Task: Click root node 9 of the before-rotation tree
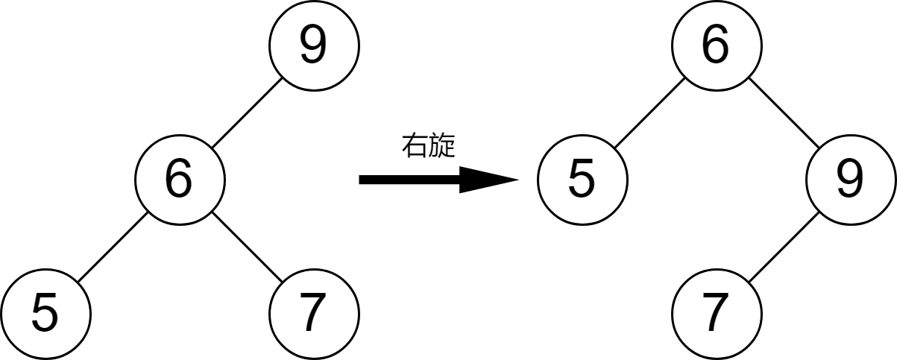click(x=314, y=45)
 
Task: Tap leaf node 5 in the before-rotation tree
click(x=45, y=314)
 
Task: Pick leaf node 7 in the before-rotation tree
click(x=314, y=314)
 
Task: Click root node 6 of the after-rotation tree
click(x=716, y=45)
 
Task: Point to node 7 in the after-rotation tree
click(x=716, y=314)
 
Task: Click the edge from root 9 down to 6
click(x=247, y=113)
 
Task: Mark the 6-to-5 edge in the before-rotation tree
click(x=112, y=247)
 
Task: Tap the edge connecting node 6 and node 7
click(x=247, y=247)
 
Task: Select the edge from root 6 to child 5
click(x=649, y=113)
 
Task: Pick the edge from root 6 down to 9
click(x=783, y=113)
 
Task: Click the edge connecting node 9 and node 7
click(x=783, y=247)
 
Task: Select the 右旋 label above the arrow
click(x=427, y=146)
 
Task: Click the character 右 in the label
click(x=414, y=146)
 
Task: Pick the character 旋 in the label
click(x=441, y=146)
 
